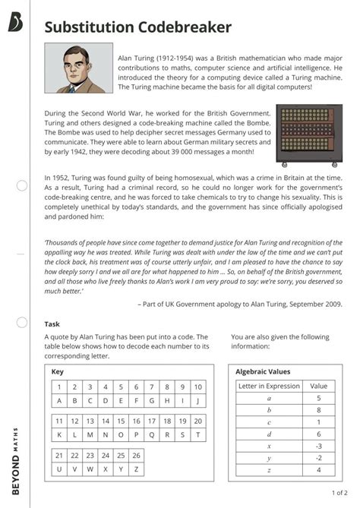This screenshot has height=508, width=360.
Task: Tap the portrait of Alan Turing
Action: coord(78,68)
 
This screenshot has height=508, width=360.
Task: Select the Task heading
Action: coord(52,323)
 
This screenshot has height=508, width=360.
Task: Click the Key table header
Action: coord(58,372)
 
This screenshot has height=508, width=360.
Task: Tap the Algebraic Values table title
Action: coord(263,372)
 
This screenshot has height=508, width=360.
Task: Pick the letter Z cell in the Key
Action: coord(136,469)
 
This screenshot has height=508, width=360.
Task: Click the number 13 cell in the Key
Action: coord(91,421)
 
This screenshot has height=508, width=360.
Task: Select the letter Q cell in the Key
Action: coord(151,435)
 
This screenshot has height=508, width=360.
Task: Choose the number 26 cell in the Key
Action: coord(136,456)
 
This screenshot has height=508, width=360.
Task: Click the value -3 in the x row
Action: coord(318,446)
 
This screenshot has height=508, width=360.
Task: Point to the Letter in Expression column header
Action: coord(269,386)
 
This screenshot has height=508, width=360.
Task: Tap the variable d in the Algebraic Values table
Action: coord(269,434)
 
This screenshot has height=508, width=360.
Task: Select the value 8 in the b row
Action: coord(318,410)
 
